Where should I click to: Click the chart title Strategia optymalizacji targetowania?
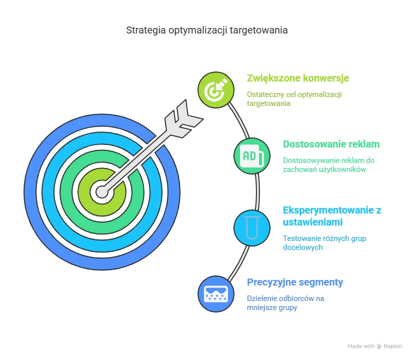tap(206, 30)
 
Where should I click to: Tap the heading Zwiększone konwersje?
tap(298, 78)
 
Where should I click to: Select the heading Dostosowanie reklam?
tap(331, 144)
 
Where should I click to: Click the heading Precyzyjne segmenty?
tap(295, 282)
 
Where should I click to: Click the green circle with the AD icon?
tap(252, 156)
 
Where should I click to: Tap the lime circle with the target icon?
tap(216, 90)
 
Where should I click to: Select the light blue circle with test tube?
tap(252, 227)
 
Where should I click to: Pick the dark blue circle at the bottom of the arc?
tap(216, 294)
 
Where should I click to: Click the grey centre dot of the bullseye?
tap(102, 192)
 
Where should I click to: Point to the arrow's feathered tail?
tap(183, 119)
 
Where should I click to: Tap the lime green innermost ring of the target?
tap(84, 192)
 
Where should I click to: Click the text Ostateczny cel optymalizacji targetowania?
tap(294, 99)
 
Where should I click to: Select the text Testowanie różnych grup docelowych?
tap(324, 242)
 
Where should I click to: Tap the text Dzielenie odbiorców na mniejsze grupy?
tap(285, 302)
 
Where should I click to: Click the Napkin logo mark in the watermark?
tap(379, 346)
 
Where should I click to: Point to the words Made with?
tap(361, 346)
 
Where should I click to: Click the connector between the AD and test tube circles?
tap(257, 192)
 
